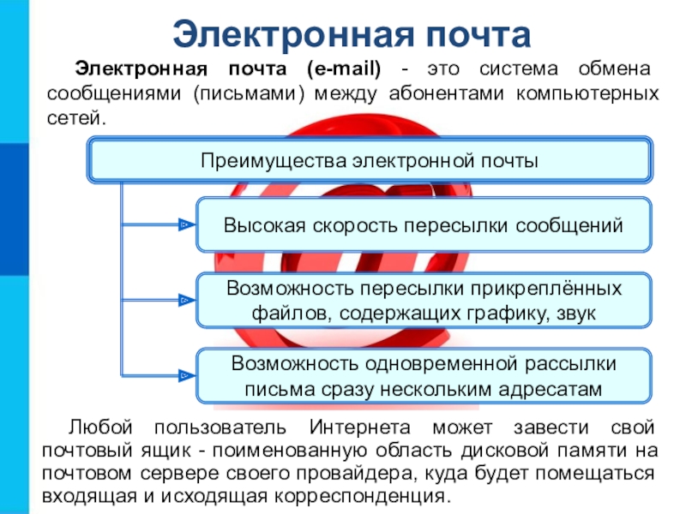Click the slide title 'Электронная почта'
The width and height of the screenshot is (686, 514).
click(352, 33)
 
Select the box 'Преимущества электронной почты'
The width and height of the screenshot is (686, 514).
click(369, 160)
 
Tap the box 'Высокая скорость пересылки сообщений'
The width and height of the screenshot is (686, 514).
click(424, 226)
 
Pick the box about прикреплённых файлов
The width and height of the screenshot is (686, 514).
click(424, 301)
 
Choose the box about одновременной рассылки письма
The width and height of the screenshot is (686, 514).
click(424, 376)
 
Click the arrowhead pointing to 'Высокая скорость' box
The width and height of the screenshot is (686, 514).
click(184, 225)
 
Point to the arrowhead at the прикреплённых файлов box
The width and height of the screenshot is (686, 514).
click(184, 301)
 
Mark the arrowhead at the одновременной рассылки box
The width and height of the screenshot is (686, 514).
click(184, 375)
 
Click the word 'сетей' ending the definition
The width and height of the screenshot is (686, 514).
click(75, 116)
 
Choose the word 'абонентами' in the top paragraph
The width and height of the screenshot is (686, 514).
click(442, 93)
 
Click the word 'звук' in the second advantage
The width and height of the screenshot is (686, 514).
click(575, 313)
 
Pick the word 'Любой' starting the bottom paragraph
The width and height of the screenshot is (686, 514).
click(98, 427)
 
